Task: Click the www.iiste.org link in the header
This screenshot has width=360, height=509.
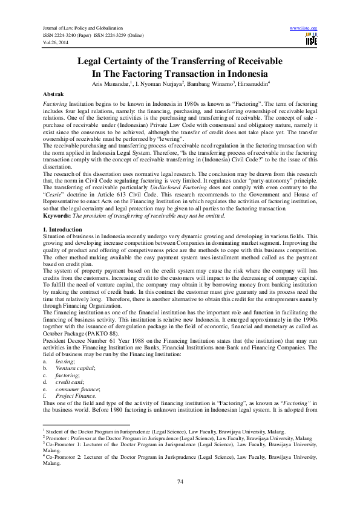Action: (304, 28)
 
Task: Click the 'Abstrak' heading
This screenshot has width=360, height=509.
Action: (56, 95)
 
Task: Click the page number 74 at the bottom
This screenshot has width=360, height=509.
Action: (180, 481)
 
